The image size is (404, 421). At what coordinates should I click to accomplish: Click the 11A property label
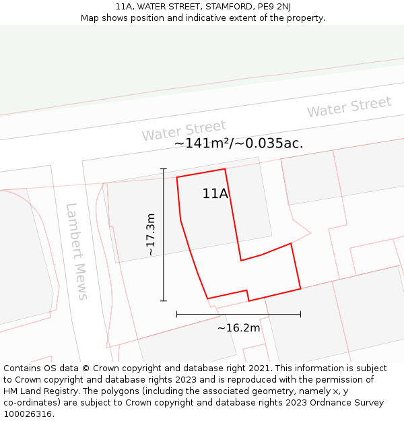(215, 194)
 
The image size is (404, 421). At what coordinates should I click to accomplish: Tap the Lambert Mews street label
(76, 251)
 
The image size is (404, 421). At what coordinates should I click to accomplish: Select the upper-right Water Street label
(349, 106)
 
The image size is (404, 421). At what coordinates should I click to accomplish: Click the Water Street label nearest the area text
(184, 130)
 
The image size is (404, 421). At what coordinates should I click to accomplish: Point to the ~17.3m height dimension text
(151, 234)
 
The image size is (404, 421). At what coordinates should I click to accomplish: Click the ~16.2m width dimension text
(238, 328)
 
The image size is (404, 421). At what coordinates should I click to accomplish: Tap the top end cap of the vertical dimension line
(163, 168)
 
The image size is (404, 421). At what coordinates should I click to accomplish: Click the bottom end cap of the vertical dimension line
(163, 300)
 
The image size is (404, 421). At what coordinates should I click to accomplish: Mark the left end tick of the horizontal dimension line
(176, 314)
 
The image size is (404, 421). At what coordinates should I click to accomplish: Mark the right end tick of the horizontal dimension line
(300, 314)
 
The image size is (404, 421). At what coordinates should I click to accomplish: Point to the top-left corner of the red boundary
(176, 177)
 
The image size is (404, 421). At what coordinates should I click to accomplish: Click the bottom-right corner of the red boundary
(300, 289)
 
